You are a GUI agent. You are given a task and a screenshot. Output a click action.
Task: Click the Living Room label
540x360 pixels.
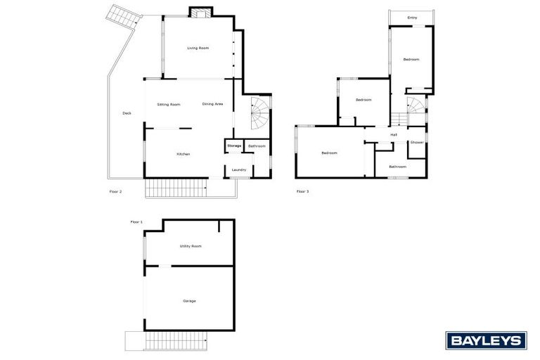pos(198,48)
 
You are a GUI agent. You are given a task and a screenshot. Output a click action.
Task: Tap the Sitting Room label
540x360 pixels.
pos(169,104)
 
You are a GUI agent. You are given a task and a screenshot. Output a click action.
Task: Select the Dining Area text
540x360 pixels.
pos(212,104)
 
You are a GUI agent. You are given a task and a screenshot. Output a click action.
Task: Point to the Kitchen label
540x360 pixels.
pos(184,154)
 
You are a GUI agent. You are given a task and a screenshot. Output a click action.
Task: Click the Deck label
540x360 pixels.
pos(127,113)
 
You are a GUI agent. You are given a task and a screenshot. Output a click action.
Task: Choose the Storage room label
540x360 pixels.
pos(234,146)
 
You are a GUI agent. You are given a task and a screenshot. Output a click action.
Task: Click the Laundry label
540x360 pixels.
pos(239,169)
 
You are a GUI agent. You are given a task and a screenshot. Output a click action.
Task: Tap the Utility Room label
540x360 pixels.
pos(191,246)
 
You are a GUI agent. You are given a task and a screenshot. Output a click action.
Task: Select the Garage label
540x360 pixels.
pos(189,301)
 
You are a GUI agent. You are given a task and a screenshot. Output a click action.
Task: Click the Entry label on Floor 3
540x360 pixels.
pos(412,17)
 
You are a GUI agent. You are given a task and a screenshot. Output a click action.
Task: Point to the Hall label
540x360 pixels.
pos(394,134)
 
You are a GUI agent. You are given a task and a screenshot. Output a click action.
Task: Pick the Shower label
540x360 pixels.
pos(417,142)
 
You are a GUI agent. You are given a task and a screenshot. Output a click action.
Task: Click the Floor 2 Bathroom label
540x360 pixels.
pos(257,146)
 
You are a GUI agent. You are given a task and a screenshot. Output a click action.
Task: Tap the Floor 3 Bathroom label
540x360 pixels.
pos(398,167)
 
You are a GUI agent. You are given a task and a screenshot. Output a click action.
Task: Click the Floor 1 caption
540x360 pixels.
pos(136,222)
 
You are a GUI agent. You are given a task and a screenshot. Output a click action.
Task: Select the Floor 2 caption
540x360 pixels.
pos(116,191)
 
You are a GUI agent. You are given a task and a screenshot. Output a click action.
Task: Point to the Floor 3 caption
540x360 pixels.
pos(302,191)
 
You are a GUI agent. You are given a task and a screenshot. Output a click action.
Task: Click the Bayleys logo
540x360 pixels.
pos(486,340)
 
